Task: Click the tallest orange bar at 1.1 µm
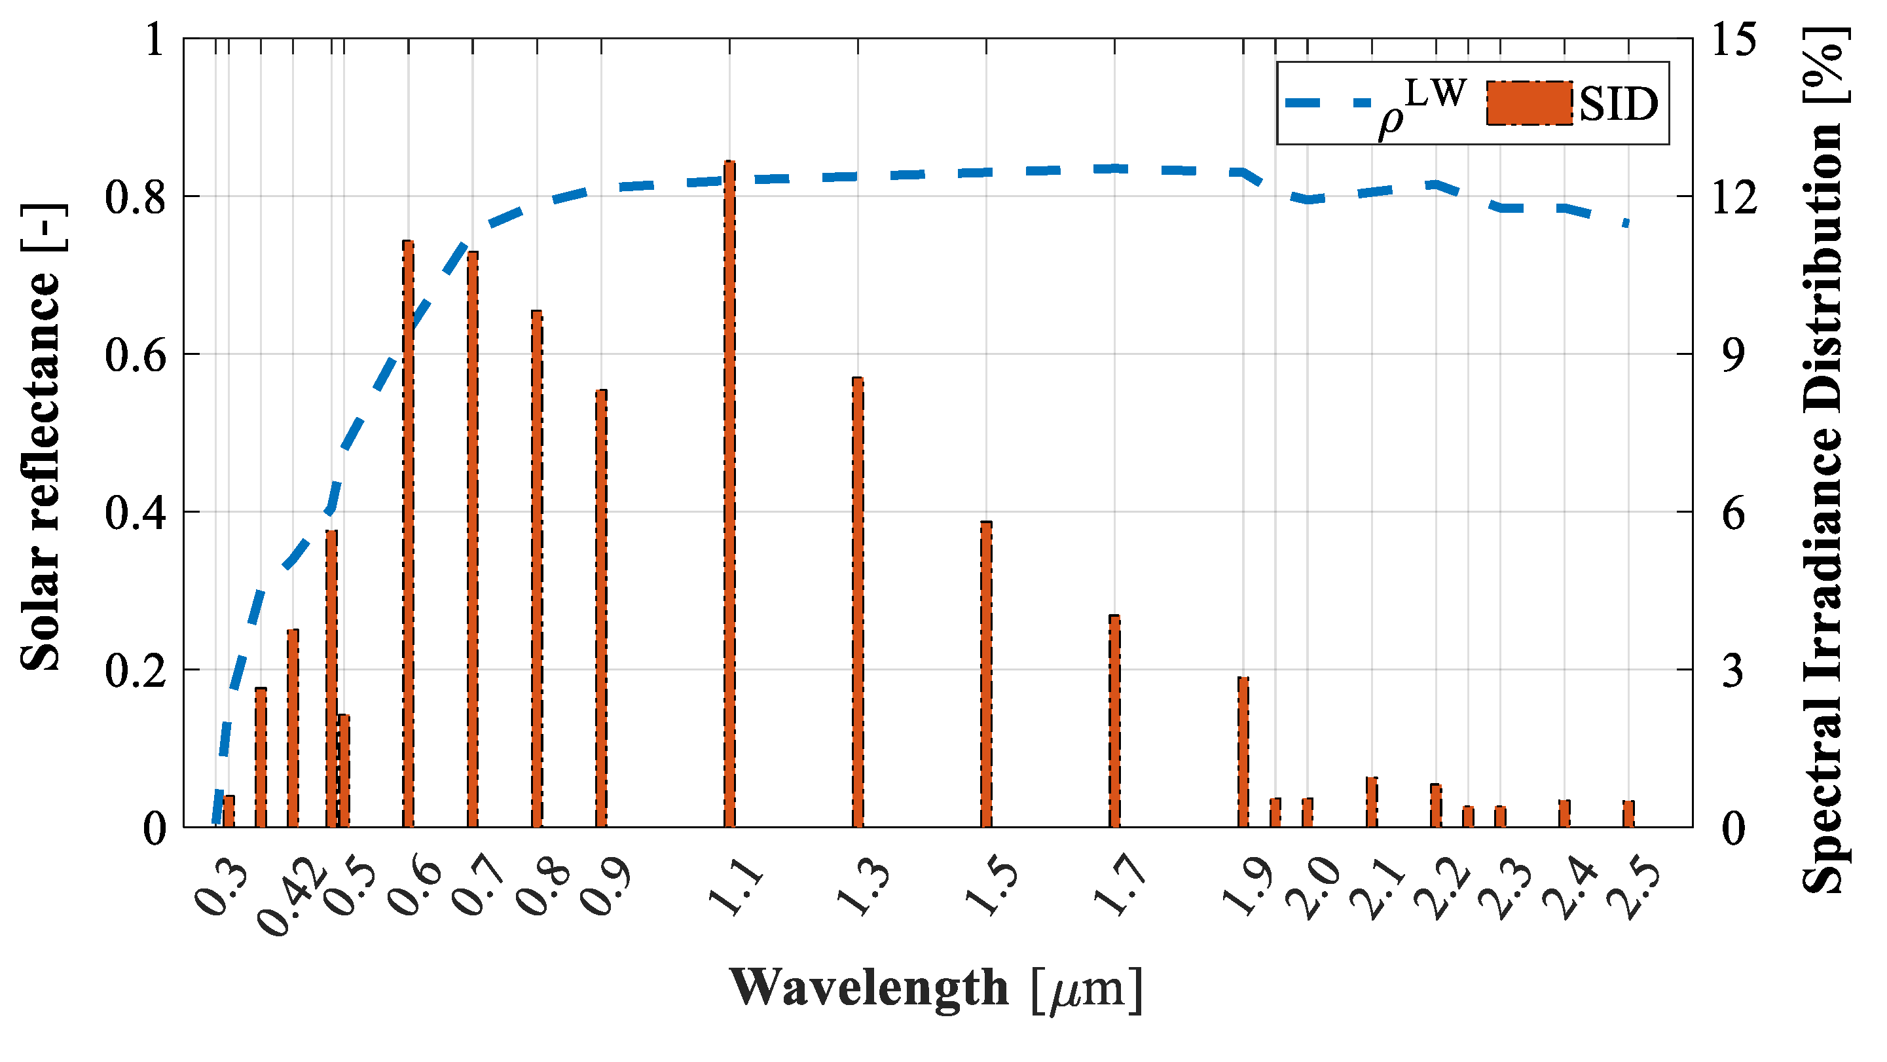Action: coord(729,498)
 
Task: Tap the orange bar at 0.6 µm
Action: coord(409,535)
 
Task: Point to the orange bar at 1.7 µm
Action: coord(1114,722)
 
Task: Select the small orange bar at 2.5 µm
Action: coord(1628,815)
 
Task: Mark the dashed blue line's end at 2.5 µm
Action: coord(1627,223)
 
